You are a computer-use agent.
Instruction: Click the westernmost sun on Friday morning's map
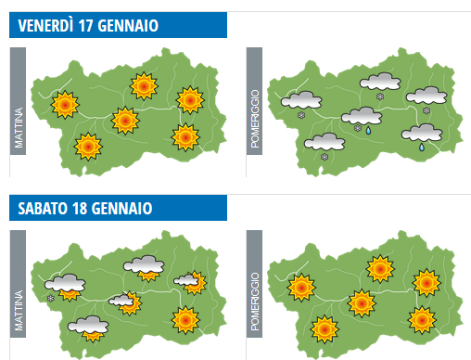pyautogui.click(x=64, y=105)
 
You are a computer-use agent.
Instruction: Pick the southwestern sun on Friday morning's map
pyautogui.click(x=87, y=147)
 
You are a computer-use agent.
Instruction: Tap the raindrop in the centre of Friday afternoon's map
pyautogui.click(x=368, y=131)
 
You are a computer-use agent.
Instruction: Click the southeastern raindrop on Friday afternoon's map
pyautogui.click(x=421, y=146)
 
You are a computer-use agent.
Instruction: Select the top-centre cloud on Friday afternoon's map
pyautogui.click(x=380, y=82)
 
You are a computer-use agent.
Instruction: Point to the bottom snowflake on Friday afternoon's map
pyautogui.click(x=325, y=157)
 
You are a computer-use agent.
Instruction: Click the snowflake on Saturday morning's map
pyautogui.click(x=51, y=297)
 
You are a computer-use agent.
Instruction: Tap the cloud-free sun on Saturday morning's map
pyautogui.click(x=185, y=320)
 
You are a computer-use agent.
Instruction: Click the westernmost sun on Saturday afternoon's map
pyautogui.click(x=299, y=287)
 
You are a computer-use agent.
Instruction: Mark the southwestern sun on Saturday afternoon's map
pyautogui.click(x=325, y=328)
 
